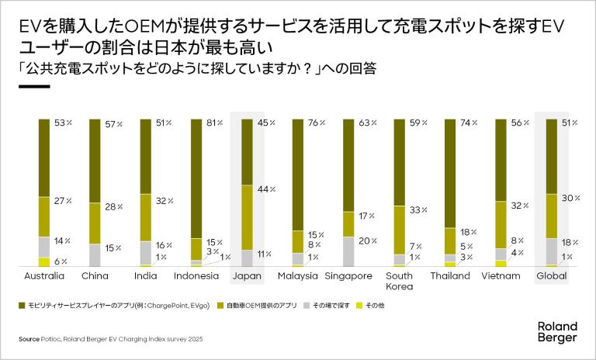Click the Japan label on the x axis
point(247,276)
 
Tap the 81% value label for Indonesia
point(216,123)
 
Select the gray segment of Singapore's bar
point(348,251)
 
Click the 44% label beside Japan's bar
point(266,189)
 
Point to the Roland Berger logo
point(556,332)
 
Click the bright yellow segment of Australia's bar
point(44,262)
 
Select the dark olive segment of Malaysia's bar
point(298,175)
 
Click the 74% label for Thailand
point(469,123)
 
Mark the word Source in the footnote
point(29,339)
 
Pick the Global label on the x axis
point(552,276)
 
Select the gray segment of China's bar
point(95,255)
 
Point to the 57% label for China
point(113,125)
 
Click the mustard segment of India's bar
point(146,218)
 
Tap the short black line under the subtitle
point(33,87)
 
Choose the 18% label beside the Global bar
point(570,242)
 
